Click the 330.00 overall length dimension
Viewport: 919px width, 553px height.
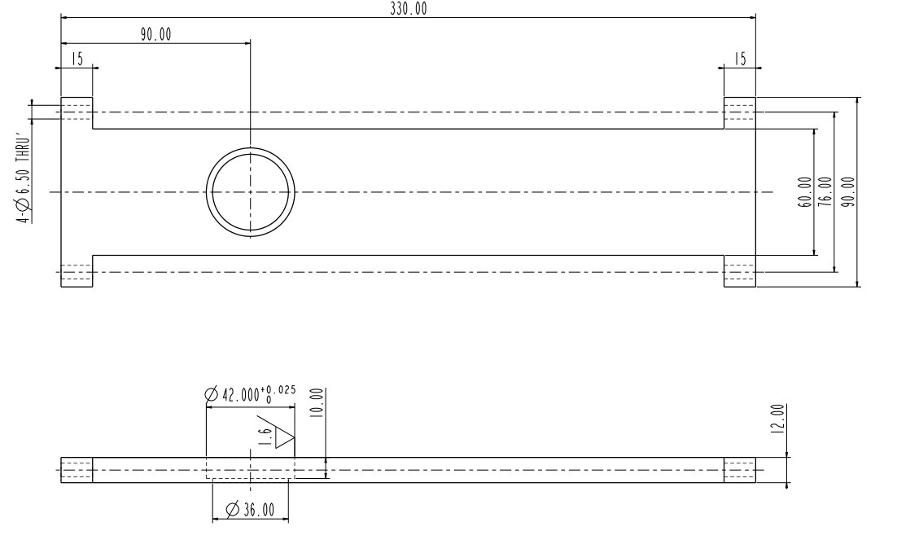[408, 9]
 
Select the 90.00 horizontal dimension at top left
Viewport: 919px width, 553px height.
[155, 34]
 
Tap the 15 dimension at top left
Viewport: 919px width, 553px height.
[77, 59]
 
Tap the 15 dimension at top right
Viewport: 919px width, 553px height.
[739, 59]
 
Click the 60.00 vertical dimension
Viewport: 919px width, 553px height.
[805, 192]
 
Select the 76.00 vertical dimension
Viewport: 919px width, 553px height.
[825, 192]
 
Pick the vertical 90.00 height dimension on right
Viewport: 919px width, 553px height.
[847, 192]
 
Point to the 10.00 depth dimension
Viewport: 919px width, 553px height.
[317, 403]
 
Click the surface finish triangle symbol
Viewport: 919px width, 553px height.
[284, 437]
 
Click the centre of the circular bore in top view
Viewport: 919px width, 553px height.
[250, 192]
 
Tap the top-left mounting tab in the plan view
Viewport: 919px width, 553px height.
[77, 112]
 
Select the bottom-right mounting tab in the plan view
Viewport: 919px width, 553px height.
[739, 271]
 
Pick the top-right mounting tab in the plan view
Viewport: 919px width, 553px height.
[739, 112]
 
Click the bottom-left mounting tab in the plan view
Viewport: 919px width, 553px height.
[77, 271]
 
